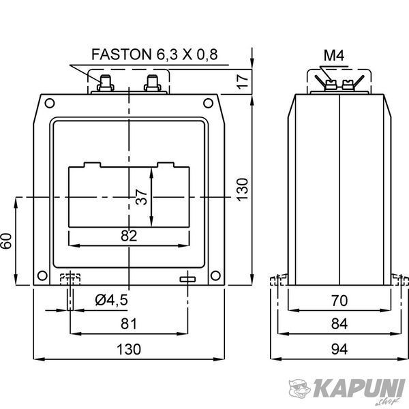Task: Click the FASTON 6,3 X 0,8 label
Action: click(155, 55)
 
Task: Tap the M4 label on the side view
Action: click(334, 55)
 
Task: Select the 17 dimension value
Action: click(243, 82)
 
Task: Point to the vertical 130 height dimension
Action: click(242, 190)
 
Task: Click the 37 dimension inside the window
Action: click(141, 197)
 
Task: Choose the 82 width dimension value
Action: click(129, 236)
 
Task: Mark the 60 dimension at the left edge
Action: click(6, 241)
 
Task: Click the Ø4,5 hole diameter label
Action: click(111, 300)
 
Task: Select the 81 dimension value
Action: click(129, 324)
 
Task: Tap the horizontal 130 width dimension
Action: click(129, 349)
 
